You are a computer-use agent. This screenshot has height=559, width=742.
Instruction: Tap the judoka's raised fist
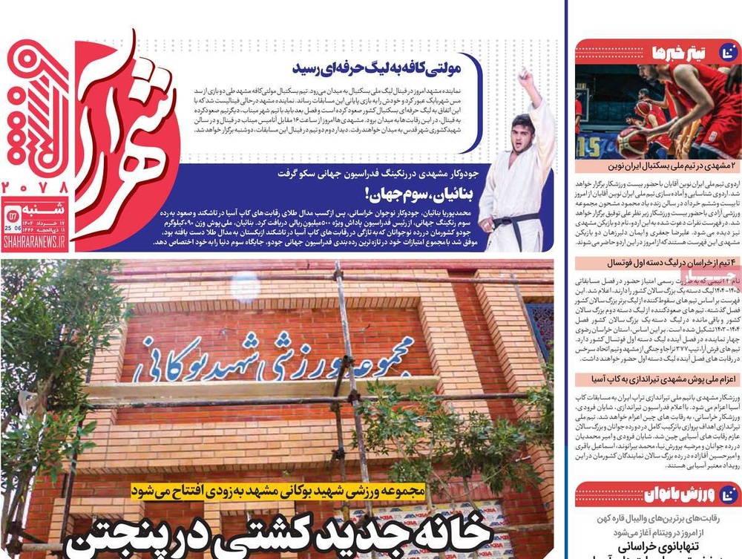[x=525, y=76]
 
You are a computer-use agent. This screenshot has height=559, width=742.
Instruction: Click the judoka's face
[x=523, y=131]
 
